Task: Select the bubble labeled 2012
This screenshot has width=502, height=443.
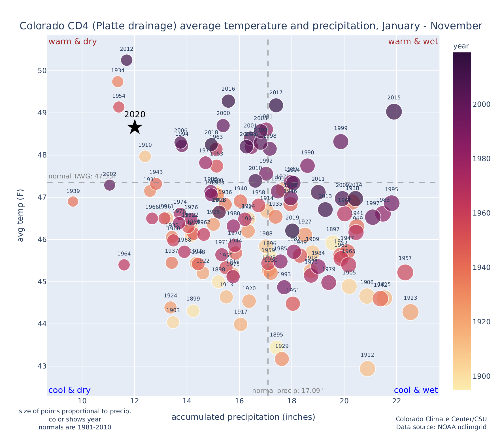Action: click(x=127, y=60)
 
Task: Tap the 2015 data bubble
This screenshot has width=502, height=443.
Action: click(x=394, y=112)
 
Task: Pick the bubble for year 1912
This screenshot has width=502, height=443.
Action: click(x=367, y=369)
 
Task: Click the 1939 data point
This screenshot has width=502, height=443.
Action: click(x=73, y=202)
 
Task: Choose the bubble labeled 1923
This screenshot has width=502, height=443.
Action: click(x=410, y=312)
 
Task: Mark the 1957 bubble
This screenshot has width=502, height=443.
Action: click(x=405, y=272)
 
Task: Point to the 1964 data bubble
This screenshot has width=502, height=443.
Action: click(x=124, y=265)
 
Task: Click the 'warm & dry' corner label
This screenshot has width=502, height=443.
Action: click(x=73, y=42)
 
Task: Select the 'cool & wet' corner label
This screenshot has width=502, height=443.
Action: click(x=416, y=390)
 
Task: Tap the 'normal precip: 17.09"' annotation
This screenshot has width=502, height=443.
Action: click(x=287, y=391)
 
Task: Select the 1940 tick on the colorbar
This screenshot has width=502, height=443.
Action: click(x=482, y=267)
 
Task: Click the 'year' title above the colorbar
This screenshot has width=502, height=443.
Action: click(x=461, y=46)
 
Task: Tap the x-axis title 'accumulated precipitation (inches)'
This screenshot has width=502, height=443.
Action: click(x=243, y=417)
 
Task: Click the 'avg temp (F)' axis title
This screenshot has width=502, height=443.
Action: click(x=21, y=216)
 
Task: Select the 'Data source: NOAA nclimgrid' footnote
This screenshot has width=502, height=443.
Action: click(x=441, y=427)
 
